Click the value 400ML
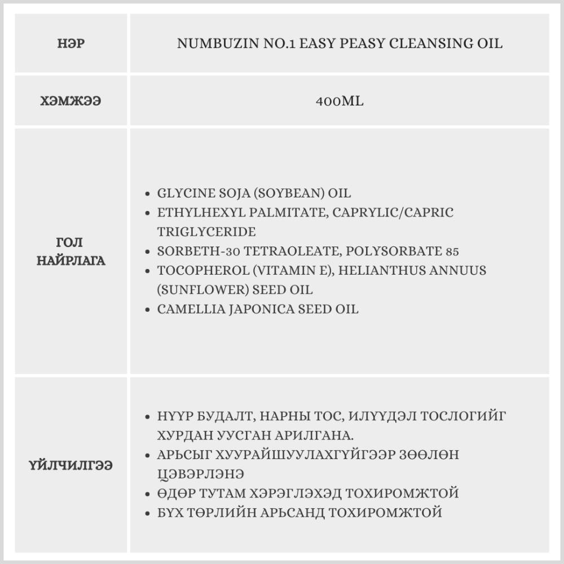(340, 101)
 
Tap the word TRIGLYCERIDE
(206, 232)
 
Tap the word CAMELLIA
(186, 309)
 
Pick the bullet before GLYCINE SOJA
(148, 193)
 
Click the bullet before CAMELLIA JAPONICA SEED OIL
(148, 309)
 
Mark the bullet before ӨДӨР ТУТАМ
(148, 493)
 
